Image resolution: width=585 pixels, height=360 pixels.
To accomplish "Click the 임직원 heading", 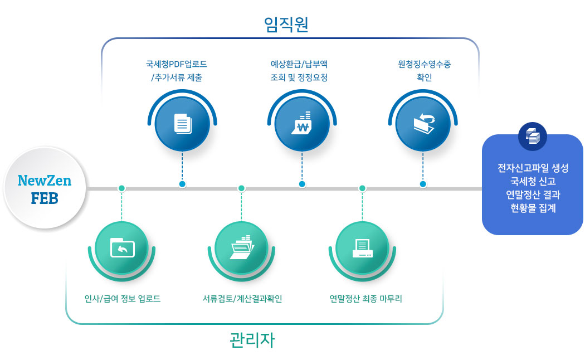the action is coord(286,25).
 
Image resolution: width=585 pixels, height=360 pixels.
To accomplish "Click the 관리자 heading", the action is coord(252,340).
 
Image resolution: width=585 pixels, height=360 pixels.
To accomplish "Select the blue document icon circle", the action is coord(182,124).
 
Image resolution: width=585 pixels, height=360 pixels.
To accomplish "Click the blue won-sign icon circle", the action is coord(302,124).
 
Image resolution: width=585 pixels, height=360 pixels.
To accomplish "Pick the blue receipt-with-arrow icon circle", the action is coord(423,124).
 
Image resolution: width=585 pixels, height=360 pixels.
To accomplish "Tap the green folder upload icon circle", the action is coord(121,248).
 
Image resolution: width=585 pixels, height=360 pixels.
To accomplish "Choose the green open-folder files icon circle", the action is coord(241,248).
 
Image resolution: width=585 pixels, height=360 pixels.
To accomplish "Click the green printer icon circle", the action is coord(362,248).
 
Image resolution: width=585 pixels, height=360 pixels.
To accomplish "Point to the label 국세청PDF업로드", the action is coord(177,64).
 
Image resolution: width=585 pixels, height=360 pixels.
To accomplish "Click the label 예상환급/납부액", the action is coord(299,64).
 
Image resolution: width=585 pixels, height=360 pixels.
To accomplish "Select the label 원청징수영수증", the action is coord(424,64).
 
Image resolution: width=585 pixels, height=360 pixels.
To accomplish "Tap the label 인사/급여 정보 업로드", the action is coord(123,299).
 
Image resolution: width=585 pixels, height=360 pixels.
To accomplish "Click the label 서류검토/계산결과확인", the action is coord(242,299).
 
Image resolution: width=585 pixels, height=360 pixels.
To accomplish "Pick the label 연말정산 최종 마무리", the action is coord(365,299).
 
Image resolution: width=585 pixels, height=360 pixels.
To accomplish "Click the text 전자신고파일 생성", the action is coord(533,168).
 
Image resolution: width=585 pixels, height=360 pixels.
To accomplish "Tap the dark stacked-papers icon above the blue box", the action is coord(533,137).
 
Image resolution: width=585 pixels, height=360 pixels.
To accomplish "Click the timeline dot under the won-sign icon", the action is coord(302,184).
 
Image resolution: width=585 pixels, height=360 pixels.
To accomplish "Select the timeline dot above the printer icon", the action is coord(362,188).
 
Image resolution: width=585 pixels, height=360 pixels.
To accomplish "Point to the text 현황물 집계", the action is coord(533,208).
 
